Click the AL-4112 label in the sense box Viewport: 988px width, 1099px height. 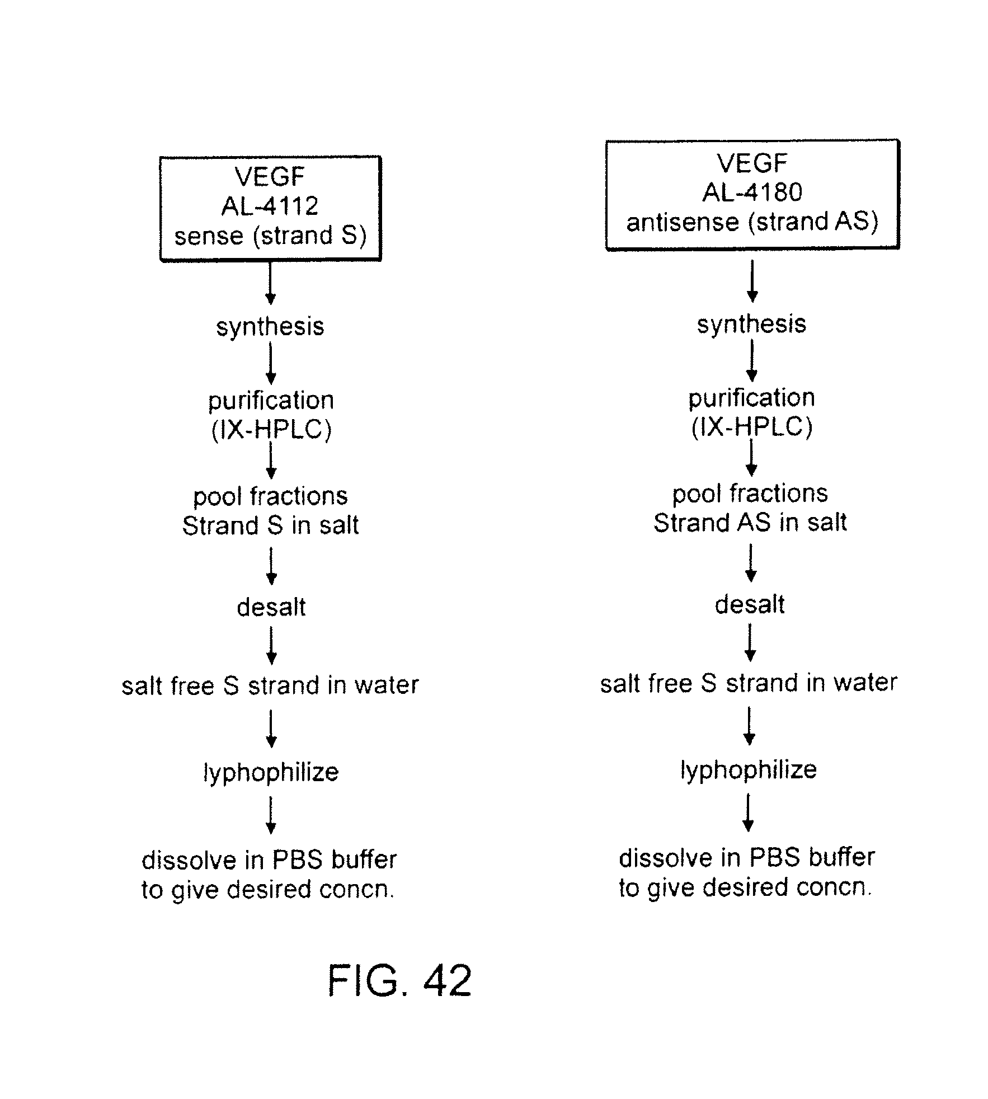[270, 206]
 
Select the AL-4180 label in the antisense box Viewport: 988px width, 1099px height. [752, 192]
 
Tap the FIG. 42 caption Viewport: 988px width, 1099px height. [399, 980]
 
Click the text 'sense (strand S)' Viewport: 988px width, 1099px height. [270, 236]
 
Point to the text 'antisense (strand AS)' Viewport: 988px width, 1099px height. [752, 222]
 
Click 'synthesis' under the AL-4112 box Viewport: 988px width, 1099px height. [270, 327]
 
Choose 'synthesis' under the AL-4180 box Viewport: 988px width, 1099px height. [751, 324]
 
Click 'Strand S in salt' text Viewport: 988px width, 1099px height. [270, 525]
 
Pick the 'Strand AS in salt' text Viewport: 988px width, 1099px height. [750, 523]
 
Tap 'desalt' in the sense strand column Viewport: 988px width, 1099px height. [271, 607]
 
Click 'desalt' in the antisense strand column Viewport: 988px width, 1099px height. [750, 605]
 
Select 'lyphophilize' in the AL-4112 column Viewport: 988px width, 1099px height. [271, 773]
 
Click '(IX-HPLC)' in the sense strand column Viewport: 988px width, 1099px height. [271, 430]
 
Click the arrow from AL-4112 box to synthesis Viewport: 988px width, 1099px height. [270, 284]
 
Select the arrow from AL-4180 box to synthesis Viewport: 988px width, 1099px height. [752, 281]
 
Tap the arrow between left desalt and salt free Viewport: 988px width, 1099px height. [271, 646]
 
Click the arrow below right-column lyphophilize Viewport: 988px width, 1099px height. [748, 812]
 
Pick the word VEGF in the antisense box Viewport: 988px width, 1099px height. [752, 163]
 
